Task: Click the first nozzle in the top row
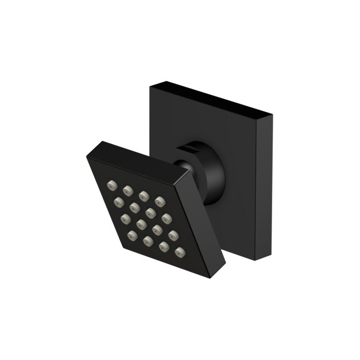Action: click(112, 184)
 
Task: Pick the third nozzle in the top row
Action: click(143, 194)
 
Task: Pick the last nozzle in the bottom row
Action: click(179, 251)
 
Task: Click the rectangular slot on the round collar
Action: click(188, 148)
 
